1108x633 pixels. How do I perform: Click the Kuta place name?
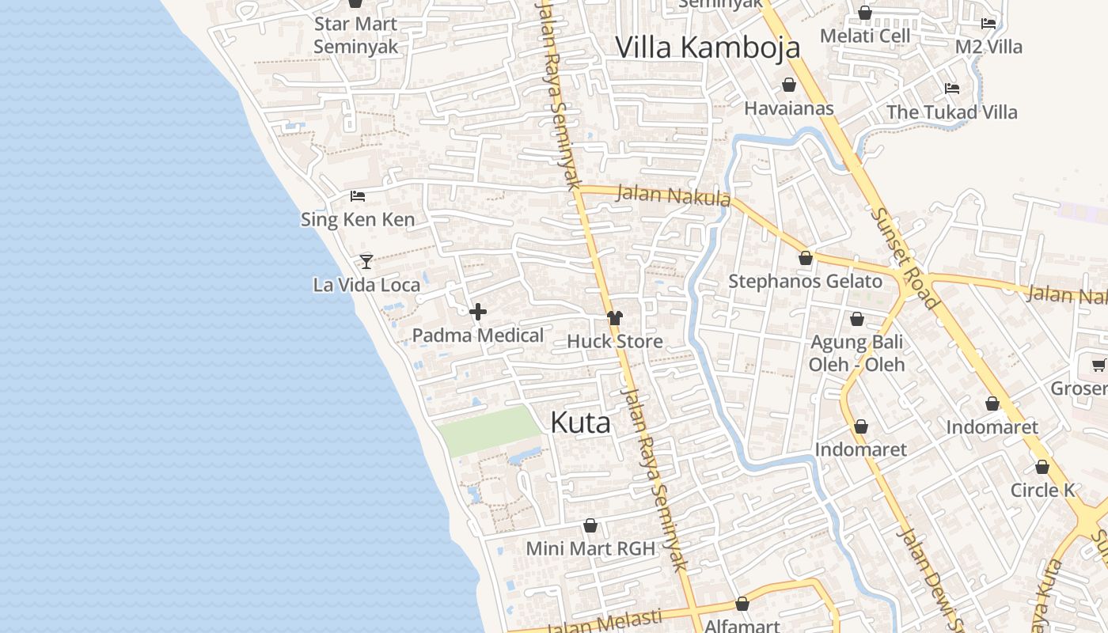(580, 423)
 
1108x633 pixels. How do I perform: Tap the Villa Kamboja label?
(708, 47)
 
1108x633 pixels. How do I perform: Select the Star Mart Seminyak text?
(356, 35)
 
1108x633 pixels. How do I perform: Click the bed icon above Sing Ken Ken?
(358, 195)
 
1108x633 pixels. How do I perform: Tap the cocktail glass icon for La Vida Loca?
(366, 261)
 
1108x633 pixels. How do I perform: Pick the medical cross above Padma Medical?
(478, 312)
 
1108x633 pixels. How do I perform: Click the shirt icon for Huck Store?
(615, 318)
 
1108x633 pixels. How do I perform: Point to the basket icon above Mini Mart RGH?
(590, 525)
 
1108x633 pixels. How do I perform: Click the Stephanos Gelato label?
(805, 281)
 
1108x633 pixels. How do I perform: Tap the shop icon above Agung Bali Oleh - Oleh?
(856, 320)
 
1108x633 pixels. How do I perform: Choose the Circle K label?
(1042, 490)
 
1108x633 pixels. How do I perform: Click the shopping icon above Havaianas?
(789, 85)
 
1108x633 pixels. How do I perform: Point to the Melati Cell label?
(865, 36)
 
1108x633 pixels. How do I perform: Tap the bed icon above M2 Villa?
(988, 24)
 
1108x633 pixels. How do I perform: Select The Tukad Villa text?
(951, 112)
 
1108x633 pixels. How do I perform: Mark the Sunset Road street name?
(905, 257)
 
